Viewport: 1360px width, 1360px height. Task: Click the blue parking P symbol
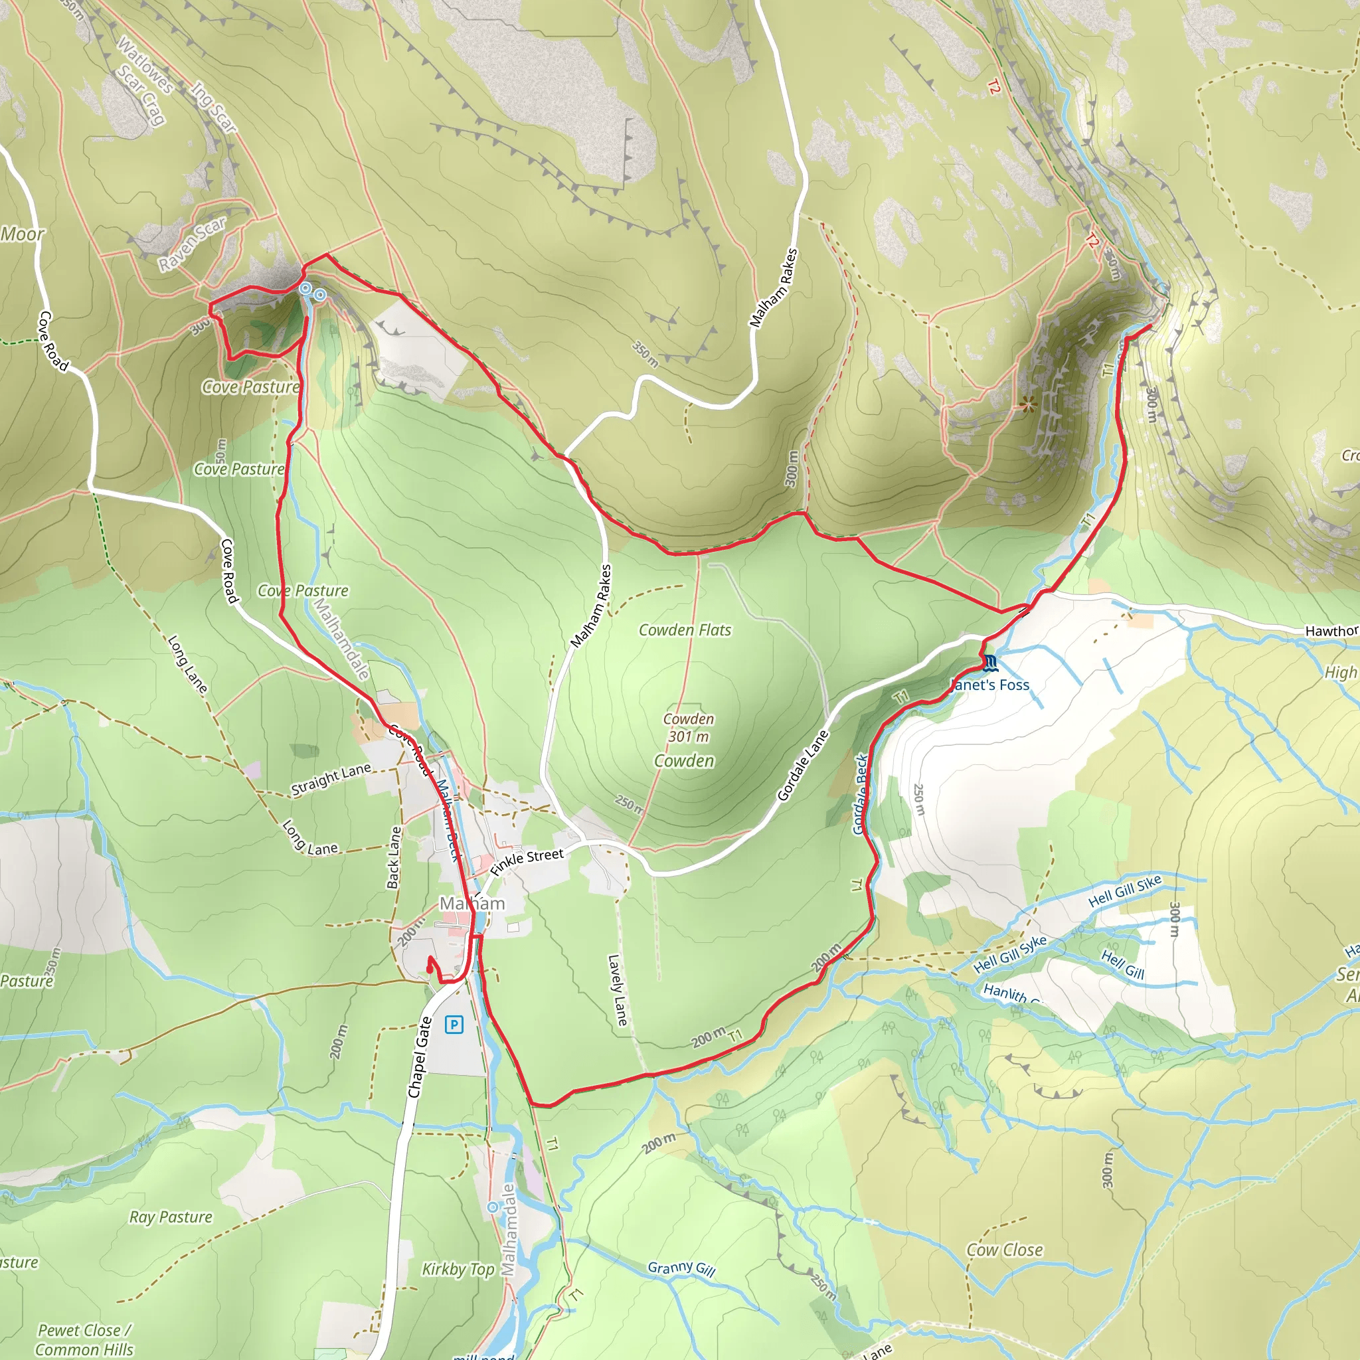click(454, 1024)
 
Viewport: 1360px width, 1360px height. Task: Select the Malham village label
click(472, 903)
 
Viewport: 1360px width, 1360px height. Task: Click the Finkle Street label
click(527, 861)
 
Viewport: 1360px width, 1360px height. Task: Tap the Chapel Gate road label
click(420, 1057)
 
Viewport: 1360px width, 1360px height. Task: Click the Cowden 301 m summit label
click(689, 728)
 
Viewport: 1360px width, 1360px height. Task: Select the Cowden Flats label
click(684, 630)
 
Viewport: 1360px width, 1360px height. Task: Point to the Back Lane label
click(394, 857)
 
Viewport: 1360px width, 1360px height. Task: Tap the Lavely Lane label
click(617, 989)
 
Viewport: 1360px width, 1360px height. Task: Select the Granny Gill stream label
click(681, 1268)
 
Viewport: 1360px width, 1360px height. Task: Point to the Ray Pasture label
click(171, 1217)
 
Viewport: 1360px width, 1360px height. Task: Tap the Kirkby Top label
click(458, 1269)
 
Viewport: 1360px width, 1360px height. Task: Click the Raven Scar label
click(191, 243)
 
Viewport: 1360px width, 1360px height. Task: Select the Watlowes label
click(145, 66)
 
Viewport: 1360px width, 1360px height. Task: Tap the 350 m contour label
click(645, 355)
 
